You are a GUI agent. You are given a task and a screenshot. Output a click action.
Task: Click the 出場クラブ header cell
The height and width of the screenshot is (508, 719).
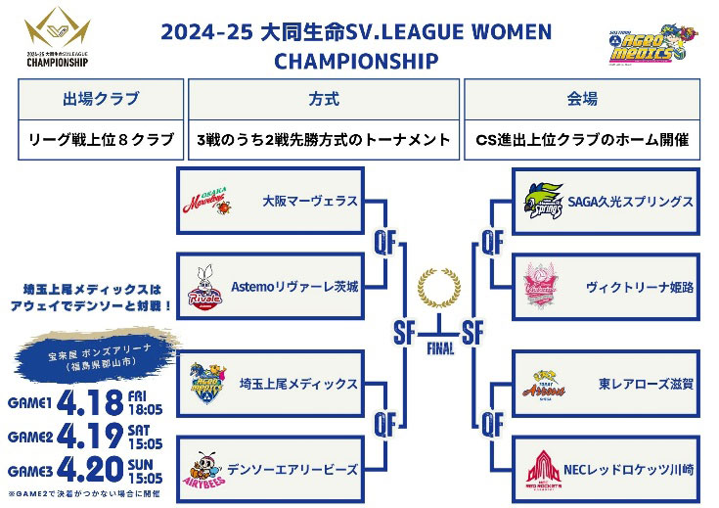pyautogui.click(x=100, y=99)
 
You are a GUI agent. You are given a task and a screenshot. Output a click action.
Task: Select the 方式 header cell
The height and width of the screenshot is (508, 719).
pyautogui.click(x=324, y=99)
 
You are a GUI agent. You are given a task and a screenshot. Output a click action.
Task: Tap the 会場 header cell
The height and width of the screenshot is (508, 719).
pyautogui.click(x=582, y=99)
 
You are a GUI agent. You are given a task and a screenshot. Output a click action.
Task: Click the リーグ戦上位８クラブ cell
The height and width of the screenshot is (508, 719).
pyautogui.click(x=100, y=139)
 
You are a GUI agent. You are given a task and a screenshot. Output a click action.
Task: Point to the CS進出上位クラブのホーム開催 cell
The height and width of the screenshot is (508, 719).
pyautogui.click(x=582, y=139)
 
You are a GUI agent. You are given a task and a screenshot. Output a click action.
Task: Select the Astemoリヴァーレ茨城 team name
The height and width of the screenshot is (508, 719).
pyautogui.click(x=294, y=286)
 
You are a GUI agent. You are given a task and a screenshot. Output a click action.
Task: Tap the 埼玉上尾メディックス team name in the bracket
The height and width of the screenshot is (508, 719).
pyautogui.click(x=293, y=384)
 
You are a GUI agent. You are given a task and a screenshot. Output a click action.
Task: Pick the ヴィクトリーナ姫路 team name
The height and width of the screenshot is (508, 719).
pyautogui.click(x=640, y=286)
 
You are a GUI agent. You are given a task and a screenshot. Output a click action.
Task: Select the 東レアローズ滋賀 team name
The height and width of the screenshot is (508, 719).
pyautogui.click(x=647, y=384)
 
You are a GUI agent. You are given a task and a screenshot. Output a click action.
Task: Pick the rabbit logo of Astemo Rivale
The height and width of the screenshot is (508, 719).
pyautogui.click(x=205, y=285)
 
